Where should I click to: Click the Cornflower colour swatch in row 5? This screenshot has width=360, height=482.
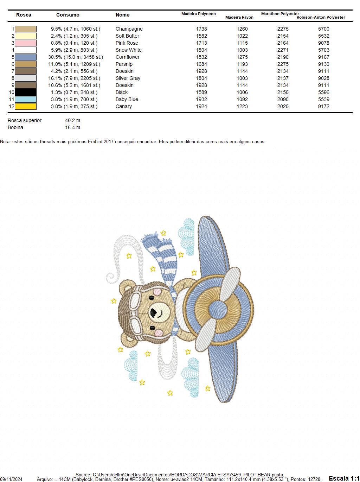point(25,57)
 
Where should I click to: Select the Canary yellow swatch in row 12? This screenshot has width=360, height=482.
point(25,106)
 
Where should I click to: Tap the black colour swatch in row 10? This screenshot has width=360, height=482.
point(25,92)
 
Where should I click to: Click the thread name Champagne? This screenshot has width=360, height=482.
point(129,29)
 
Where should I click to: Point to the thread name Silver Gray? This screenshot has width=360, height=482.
point(128,78)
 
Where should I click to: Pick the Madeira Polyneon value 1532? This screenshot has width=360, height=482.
point(201,57)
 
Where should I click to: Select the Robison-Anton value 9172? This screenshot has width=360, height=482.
point(323,106)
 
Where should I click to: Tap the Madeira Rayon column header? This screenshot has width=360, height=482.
point(239,17)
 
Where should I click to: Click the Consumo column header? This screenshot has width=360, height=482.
point(68,15)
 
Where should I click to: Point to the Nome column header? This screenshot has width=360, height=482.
point(122,15)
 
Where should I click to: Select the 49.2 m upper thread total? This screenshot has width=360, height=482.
point(72,120)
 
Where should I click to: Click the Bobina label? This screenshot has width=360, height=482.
point(15,127)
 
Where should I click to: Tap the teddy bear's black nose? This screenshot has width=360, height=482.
point(154,312)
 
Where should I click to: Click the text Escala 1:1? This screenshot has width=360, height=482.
point(344,478)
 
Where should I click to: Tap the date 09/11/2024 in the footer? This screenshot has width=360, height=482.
point(11,479)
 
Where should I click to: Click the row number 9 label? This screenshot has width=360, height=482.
point(13,85)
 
